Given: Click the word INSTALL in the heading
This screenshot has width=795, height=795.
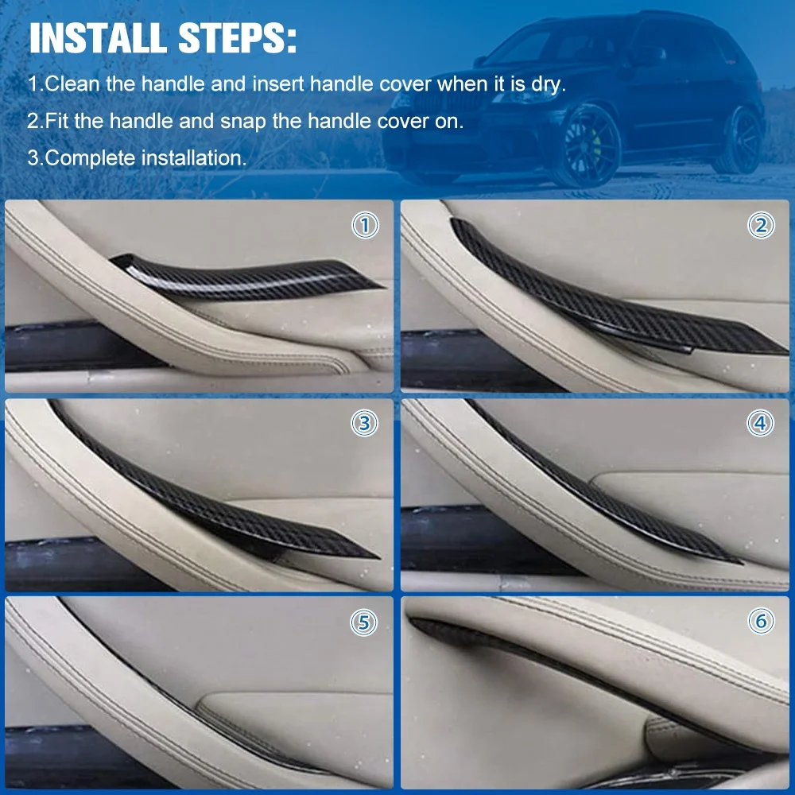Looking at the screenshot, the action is coord(97,38).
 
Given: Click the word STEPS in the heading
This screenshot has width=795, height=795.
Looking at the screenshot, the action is coord(231,38).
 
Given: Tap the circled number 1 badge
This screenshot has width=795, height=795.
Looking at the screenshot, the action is coord(365,226).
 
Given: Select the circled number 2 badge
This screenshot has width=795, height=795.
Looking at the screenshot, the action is coord(761,226).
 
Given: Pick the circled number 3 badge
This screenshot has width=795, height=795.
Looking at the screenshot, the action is coord(365,424).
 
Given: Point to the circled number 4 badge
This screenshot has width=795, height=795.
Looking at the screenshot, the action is coord(761,424).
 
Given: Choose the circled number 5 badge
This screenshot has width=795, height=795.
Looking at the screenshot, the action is coord(364,622).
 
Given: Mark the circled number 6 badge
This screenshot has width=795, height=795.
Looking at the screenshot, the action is coord(761,621).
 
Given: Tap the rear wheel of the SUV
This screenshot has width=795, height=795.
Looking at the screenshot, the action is coord(743,138).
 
